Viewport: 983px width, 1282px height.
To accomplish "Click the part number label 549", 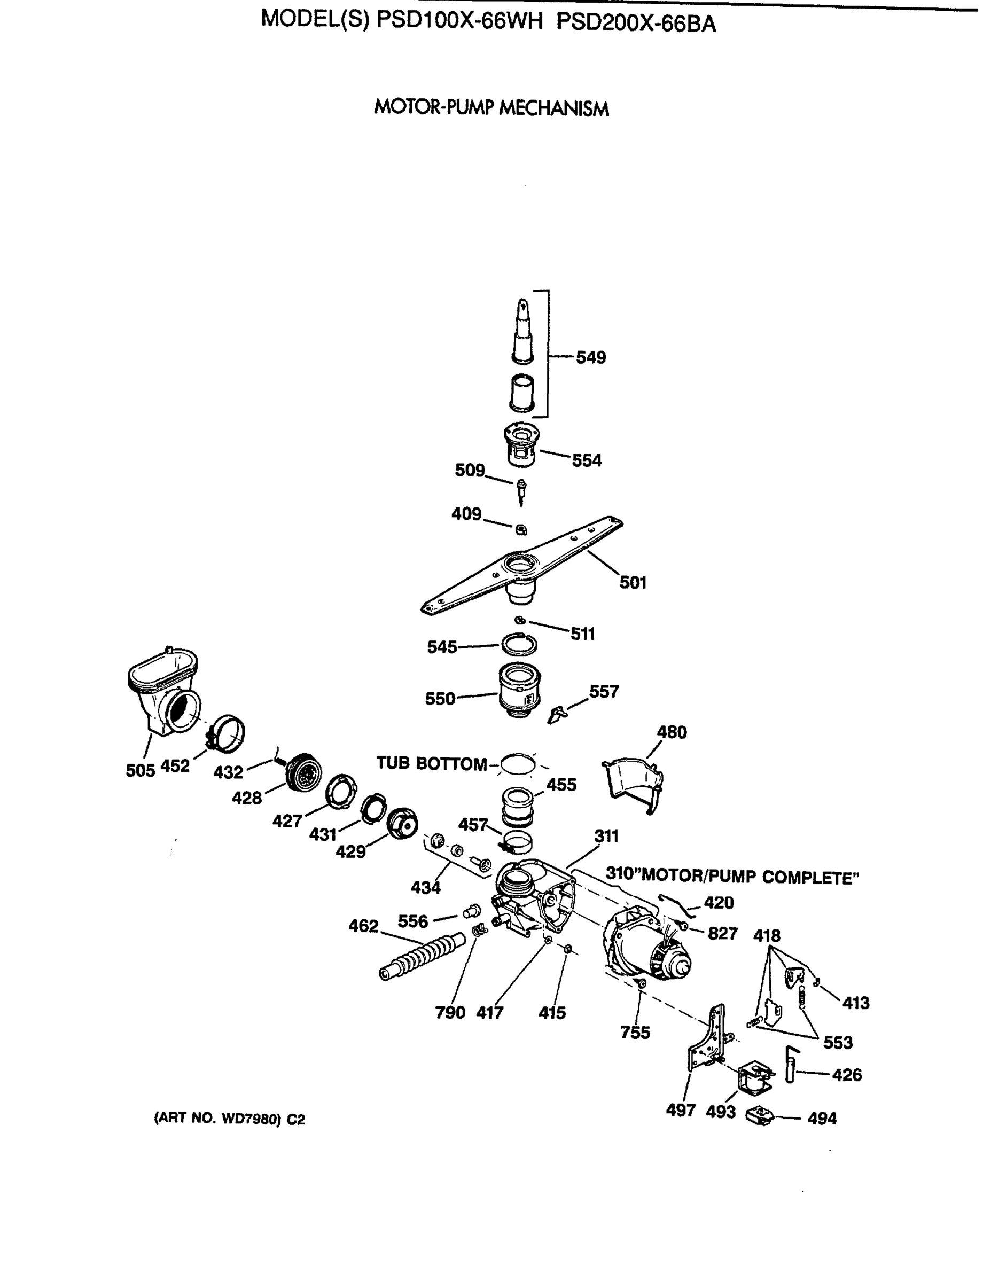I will click(590, 357).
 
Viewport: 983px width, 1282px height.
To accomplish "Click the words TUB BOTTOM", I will click(431, 763).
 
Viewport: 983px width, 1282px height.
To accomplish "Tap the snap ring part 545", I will click(518, 645).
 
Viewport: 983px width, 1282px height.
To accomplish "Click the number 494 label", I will click(822, 1119).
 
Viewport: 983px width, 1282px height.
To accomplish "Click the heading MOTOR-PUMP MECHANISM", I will click(492, 108).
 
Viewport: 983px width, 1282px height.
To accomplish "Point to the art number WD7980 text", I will click(229, 1119).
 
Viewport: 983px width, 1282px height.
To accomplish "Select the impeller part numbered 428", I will click(305, 772).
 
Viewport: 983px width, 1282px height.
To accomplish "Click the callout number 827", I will click(722, 934).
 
